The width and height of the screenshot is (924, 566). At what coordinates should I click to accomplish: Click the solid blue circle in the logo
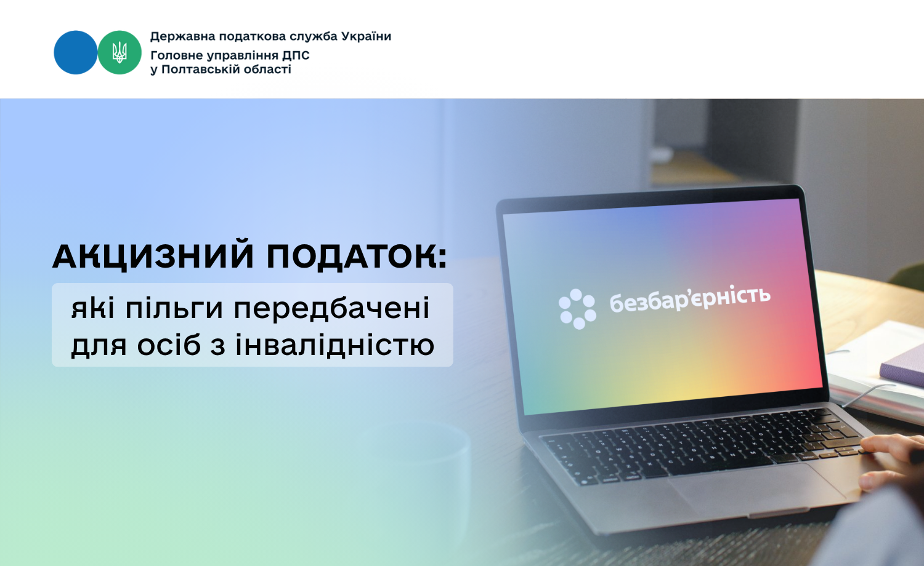[76, 52]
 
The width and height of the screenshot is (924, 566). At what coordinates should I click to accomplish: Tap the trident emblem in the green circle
[120, 52]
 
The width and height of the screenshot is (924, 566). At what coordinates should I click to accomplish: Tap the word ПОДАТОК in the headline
[357, 256]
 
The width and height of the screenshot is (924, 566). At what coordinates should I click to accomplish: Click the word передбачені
[331, 308]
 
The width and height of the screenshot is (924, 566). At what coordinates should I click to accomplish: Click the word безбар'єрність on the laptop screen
[690, 298]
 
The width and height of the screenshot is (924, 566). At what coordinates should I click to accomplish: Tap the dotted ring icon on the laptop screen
[577, 309]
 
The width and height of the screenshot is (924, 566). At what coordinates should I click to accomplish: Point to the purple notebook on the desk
[902, 369]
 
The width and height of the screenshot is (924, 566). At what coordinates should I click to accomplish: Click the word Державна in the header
[182, 36]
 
